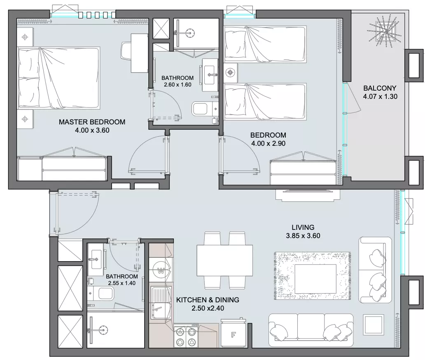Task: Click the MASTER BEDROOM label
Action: (x=92, y=122)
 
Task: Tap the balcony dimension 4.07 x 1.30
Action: (x=380, y=96)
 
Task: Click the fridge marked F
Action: (x=233, y=334)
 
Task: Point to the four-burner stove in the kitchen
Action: (x=186, y=336)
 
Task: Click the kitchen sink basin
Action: (x=161, y=303)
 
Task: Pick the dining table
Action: (x=225, y=260)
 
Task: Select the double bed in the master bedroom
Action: (x=59, y=78)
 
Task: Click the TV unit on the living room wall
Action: (x=308, y=195)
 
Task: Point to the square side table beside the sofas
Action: (x=373, y=324)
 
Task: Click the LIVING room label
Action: (x=303, y=227)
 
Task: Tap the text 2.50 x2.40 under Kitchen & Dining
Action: (x=208, y=308)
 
